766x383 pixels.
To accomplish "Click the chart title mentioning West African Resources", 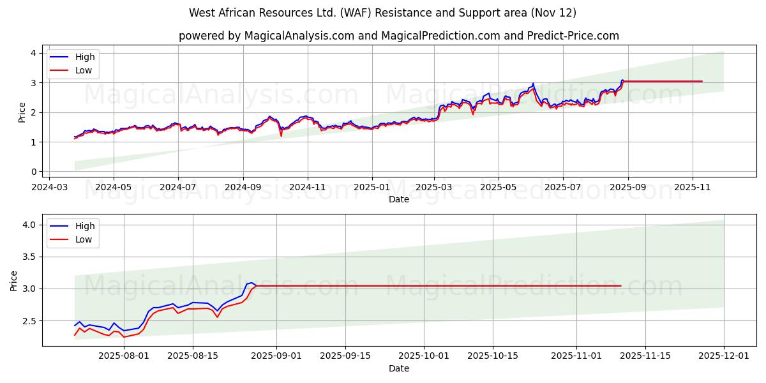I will point(382,13).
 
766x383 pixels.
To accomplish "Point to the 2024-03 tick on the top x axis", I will point(49,188).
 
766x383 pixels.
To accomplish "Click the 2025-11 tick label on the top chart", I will point(693,188).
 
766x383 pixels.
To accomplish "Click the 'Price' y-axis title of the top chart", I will point(22,112).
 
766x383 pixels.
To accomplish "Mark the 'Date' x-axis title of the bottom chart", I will point(399,368).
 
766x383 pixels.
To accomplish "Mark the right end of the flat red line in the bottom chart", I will point(620,285).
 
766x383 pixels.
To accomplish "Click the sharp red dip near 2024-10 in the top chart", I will point(281,135).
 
